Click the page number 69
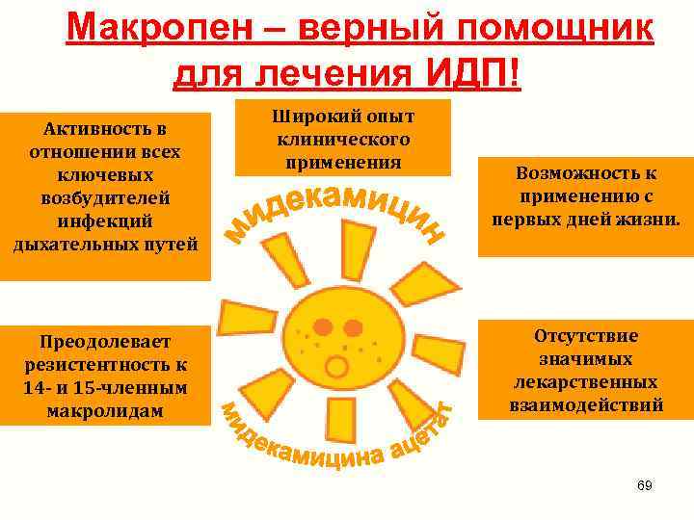click(645, 486)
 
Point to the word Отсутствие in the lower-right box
click(585, 336)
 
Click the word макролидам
click(105, 410)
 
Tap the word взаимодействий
click(585, 405)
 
